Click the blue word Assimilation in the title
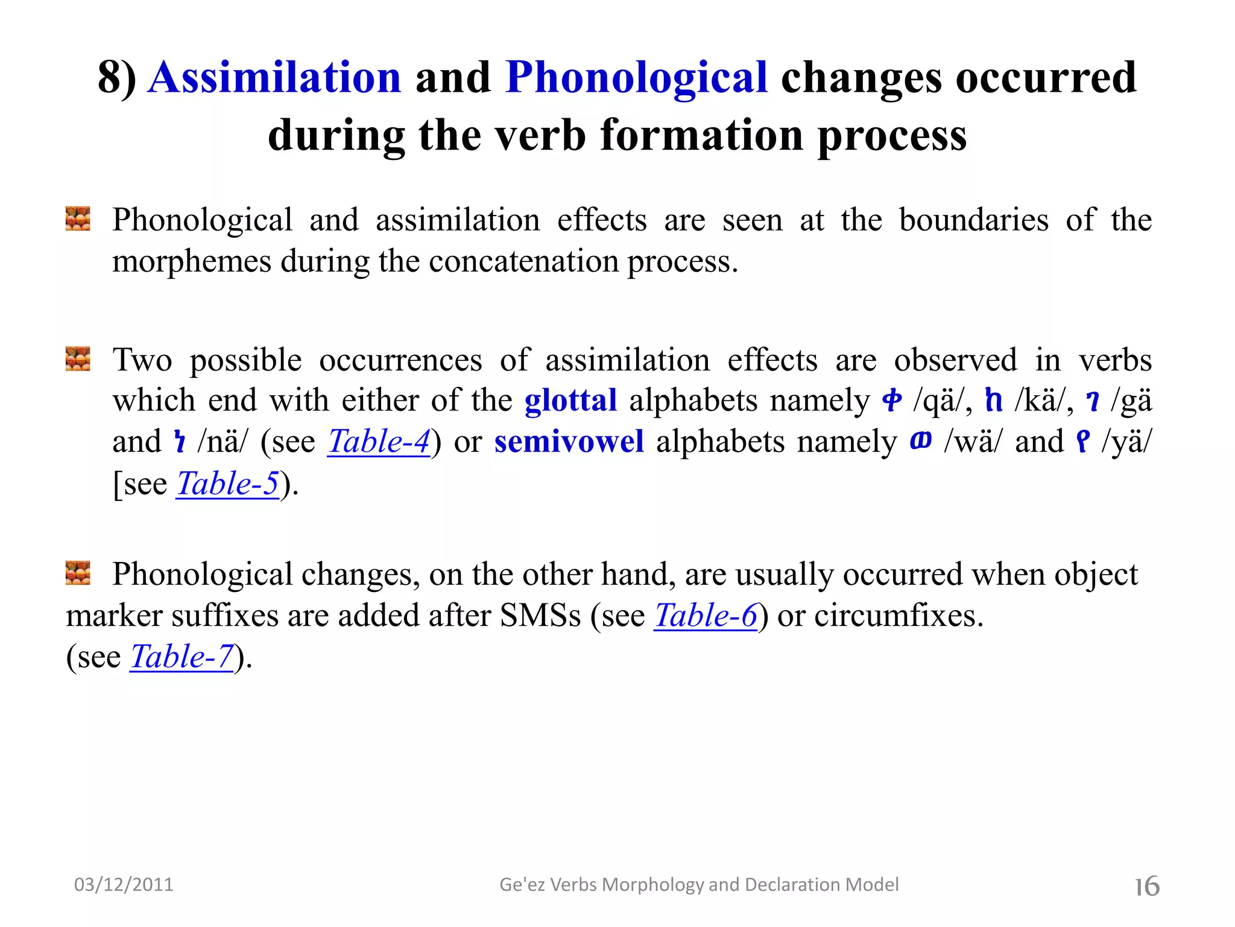click(x=274, y=78)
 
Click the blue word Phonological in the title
click(x=636, y=78)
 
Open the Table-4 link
click(x=379, y=442)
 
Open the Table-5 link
click(x=228, y=483)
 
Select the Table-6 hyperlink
click(x=706, y=616)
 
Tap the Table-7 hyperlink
click(x=182, y=657)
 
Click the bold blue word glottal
click(x=570, y=401)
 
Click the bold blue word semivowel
click(x=569, y=442)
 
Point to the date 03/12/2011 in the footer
click(x=124, y=885)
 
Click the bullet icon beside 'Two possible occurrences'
click(x=78, y=358)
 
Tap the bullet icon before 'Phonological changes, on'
click(x=78, y=573)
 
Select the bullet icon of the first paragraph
click(x=78, y=218)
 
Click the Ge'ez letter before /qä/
click(x=892, y=400)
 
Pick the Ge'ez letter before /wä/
click(x=921, y=441)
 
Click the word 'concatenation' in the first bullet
click(x=523, y=262)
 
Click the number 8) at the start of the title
click(x=117, y=78)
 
